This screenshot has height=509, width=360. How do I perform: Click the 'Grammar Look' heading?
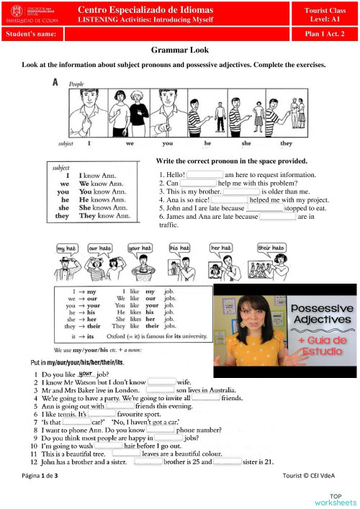click(x=179, y=51)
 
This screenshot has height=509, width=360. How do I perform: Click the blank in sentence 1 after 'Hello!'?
click(x=204, y=174)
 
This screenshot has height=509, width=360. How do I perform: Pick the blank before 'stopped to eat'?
click(x=264, y=207)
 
